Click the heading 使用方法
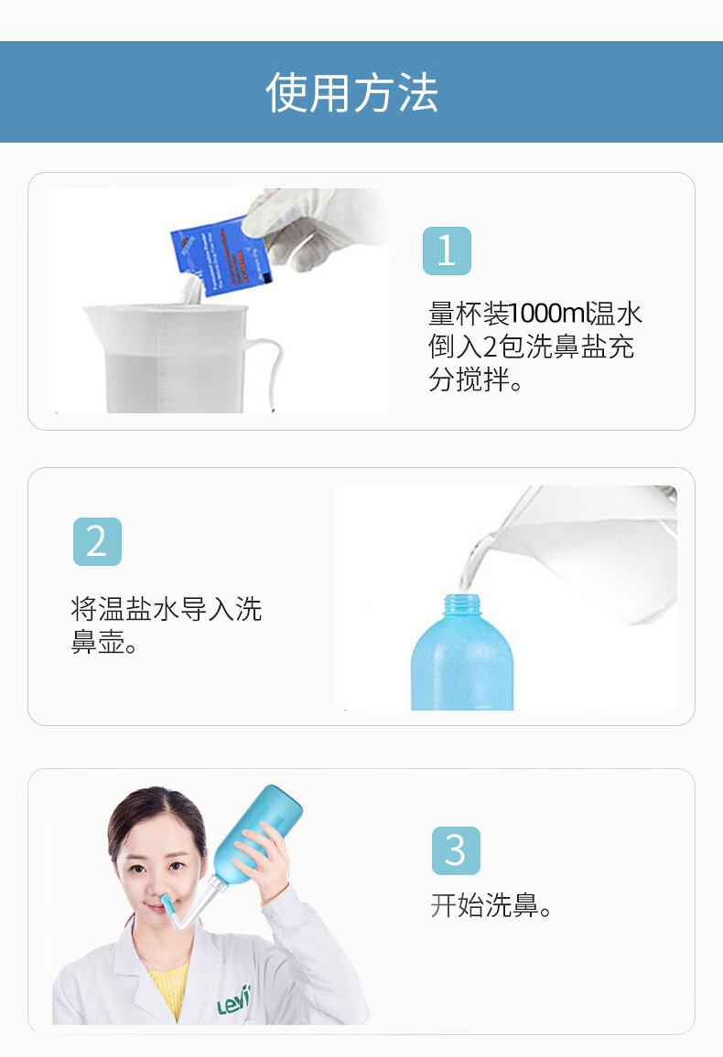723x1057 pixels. click(352, 92)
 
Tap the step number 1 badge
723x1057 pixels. click(447, 251)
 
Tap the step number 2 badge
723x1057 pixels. click(97, 541)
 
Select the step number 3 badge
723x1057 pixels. click(455, 850)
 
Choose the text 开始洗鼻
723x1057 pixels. click(491, 906)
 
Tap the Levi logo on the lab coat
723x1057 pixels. click(234, 1001)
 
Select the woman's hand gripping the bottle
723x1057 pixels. click(265, 859)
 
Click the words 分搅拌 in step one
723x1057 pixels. click(468, 379)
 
